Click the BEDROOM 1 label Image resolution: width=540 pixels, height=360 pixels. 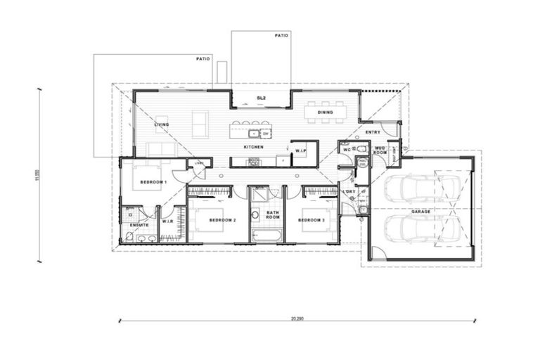point(153,182)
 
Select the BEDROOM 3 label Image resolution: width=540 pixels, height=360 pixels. point(310,220)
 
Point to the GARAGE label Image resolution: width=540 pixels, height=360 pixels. point(422,211)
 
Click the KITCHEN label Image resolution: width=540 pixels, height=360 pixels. point(253,147)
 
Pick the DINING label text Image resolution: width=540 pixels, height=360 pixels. point(325,112)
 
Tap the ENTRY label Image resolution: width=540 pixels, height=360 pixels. point(372,132)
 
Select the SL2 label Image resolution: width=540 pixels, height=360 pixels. point(261,98)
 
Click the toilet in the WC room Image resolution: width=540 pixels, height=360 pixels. point(361,149)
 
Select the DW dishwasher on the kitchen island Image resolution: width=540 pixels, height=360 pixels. point(266,133)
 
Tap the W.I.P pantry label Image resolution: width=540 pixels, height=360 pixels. point(300,150)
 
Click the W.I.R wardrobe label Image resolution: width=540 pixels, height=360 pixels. point(168,221)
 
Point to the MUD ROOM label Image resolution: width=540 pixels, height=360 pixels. point(380,150)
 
